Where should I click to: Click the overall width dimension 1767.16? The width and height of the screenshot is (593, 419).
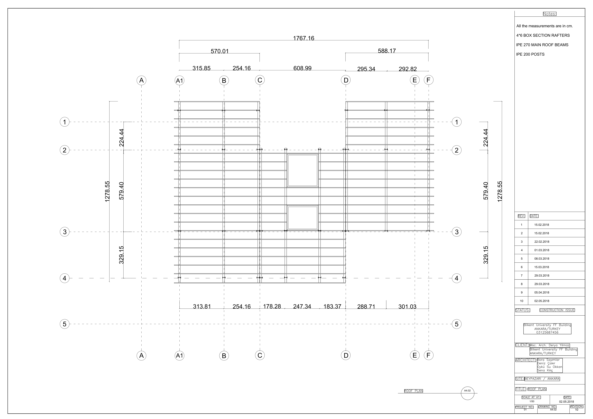303,38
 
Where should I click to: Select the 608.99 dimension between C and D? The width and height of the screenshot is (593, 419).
302,68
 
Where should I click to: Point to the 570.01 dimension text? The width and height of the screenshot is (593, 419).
220,51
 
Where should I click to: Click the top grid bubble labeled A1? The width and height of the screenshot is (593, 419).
180,81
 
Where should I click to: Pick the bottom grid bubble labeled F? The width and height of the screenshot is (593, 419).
429,355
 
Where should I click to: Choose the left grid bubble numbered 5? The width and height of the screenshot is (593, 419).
65,324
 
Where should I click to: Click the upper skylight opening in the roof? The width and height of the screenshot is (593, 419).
302,171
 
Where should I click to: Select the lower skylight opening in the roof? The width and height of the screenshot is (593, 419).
302,218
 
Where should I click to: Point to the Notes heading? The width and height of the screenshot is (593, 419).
550,14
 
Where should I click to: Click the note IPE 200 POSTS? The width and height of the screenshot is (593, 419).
530,54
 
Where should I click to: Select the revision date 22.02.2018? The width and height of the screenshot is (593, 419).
542,242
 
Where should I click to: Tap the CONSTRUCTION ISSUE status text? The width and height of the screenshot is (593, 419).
557,310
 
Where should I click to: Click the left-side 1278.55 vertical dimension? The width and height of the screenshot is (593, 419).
107,191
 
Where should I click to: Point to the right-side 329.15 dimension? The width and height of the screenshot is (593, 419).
486,255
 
